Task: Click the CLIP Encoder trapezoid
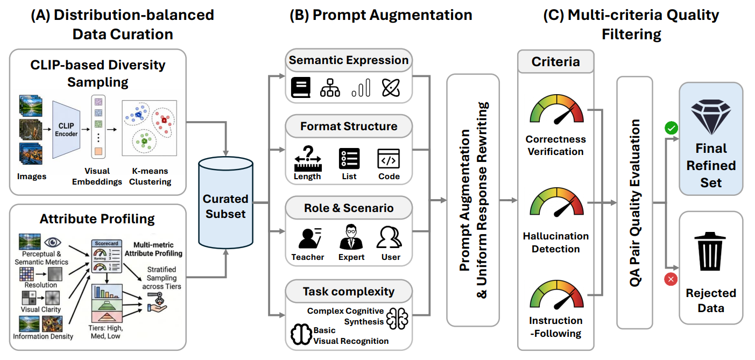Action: [x=66, y=130]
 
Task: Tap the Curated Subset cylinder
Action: [x=225, y=202]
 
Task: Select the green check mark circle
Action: [x=671, y=128]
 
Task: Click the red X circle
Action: [x=671, y=279]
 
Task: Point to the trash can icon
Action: [x=710, y=251]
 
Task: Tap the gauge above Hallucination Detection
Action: [x=557, y=202]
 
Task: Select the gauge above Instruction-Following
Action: [x=557, y=294]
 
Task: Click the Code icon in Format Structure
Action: [x=389, y=158]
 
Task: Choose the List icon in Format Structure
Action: [x=349, y=158]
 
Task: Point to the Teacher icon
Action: [x=310, y=238]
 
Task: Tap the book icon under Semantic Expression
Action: [x=301, y=88]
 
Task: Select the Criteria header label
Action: [x=556, y=62]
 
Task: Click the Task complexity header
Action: [x=349, y=291]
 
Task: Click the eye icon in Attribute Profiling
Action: [x=53, y=242]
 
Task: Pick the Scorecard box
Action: [x=107, y=257]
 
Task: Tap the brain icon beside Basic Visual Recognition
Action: [x=301, y=334]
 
